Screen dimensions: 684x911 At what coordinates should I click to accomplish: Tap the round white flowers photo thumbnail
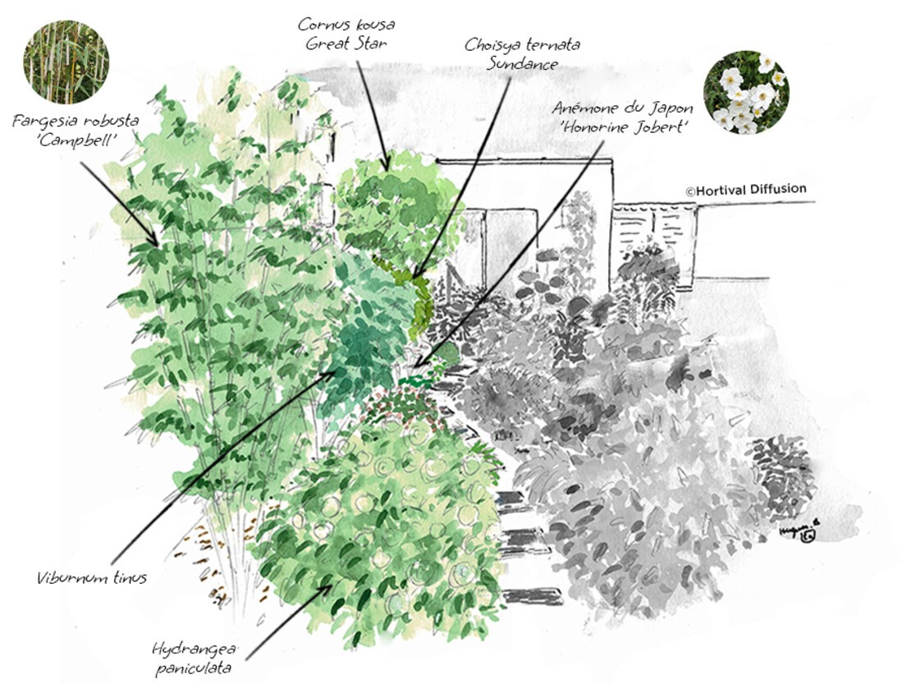click(x=747, y=93)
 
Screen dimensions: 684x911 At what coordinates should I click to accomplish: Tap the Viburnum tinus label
click(x=91, y=578)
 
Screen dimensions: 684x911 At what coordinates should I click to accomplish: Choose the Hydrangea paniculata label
click(x=191, y=657)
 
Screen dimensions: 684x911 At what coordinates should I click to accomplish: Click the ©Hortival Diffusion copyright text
click(x=746, y=190)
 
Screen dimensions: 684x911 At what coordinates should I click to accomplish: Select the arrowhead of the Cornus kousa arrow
click(x=387, y=164)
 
